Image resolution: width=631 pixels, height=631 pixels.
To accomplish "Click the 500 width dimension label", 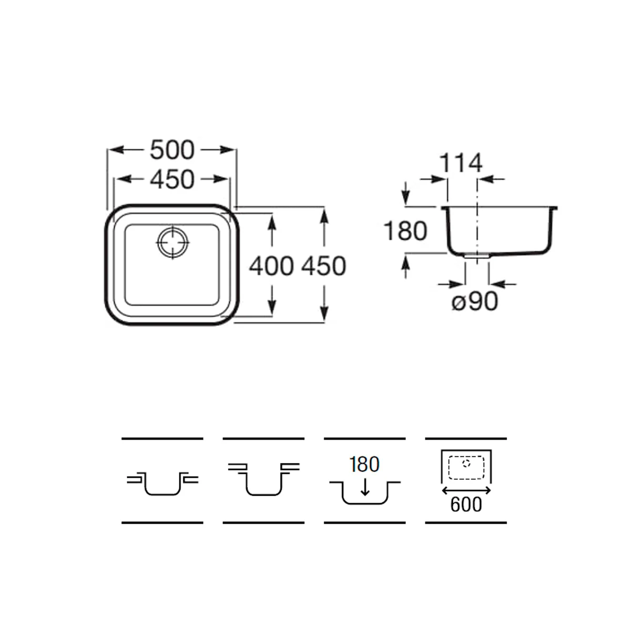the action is click(x=172, y=150).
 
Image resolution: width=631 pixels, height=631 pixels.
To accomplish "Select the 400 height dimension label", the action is click(x=271, y=266).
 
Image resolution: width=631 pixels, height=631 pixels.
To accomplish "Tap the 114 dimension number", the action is click(x=461, y=162).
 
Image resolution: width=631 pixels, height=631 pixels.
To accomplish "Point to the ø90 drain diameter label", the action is click(x=475, y=301).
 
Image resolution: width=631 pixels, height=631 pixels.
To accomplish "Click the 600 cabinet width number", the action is click(x=466, y=505).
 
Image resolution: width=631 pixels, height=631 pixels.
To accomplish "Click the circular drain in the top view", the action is click(x=173, y=242).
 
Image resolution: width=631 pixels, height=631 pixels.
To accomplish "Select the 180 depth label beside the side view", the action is click(x=405, y=231).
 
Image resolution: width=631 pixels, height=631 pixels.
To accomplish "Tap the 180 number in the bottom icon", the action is click(x=364, y=464).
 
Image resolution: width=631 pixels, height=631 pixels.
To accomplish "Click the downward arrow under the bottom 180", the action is click(x=364, y=486).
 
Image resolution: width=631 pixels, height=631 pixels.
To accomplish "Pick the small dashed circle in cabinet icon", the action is click(x=466, y=463).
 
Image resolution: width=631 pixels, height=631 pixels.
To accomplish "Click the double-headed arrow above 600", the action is click(x=466, y=490).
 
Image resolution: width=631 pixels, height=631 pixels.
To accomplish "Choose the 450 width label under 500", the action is click(x=172, y=180).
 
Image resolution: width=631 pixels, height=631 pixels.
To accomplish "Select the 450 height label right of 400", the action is click(x=323, y=266).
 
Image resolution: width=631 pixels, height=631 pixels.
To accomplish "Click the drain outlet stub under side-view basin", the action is click(x=477, y=257).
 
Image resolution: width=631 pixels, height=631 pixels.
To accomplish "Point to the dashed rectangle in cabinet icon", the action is click(x=466, y=468).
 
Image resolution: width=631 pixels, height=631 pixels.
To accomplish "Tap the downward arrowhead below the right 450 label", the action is click(x=324, y=313).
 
